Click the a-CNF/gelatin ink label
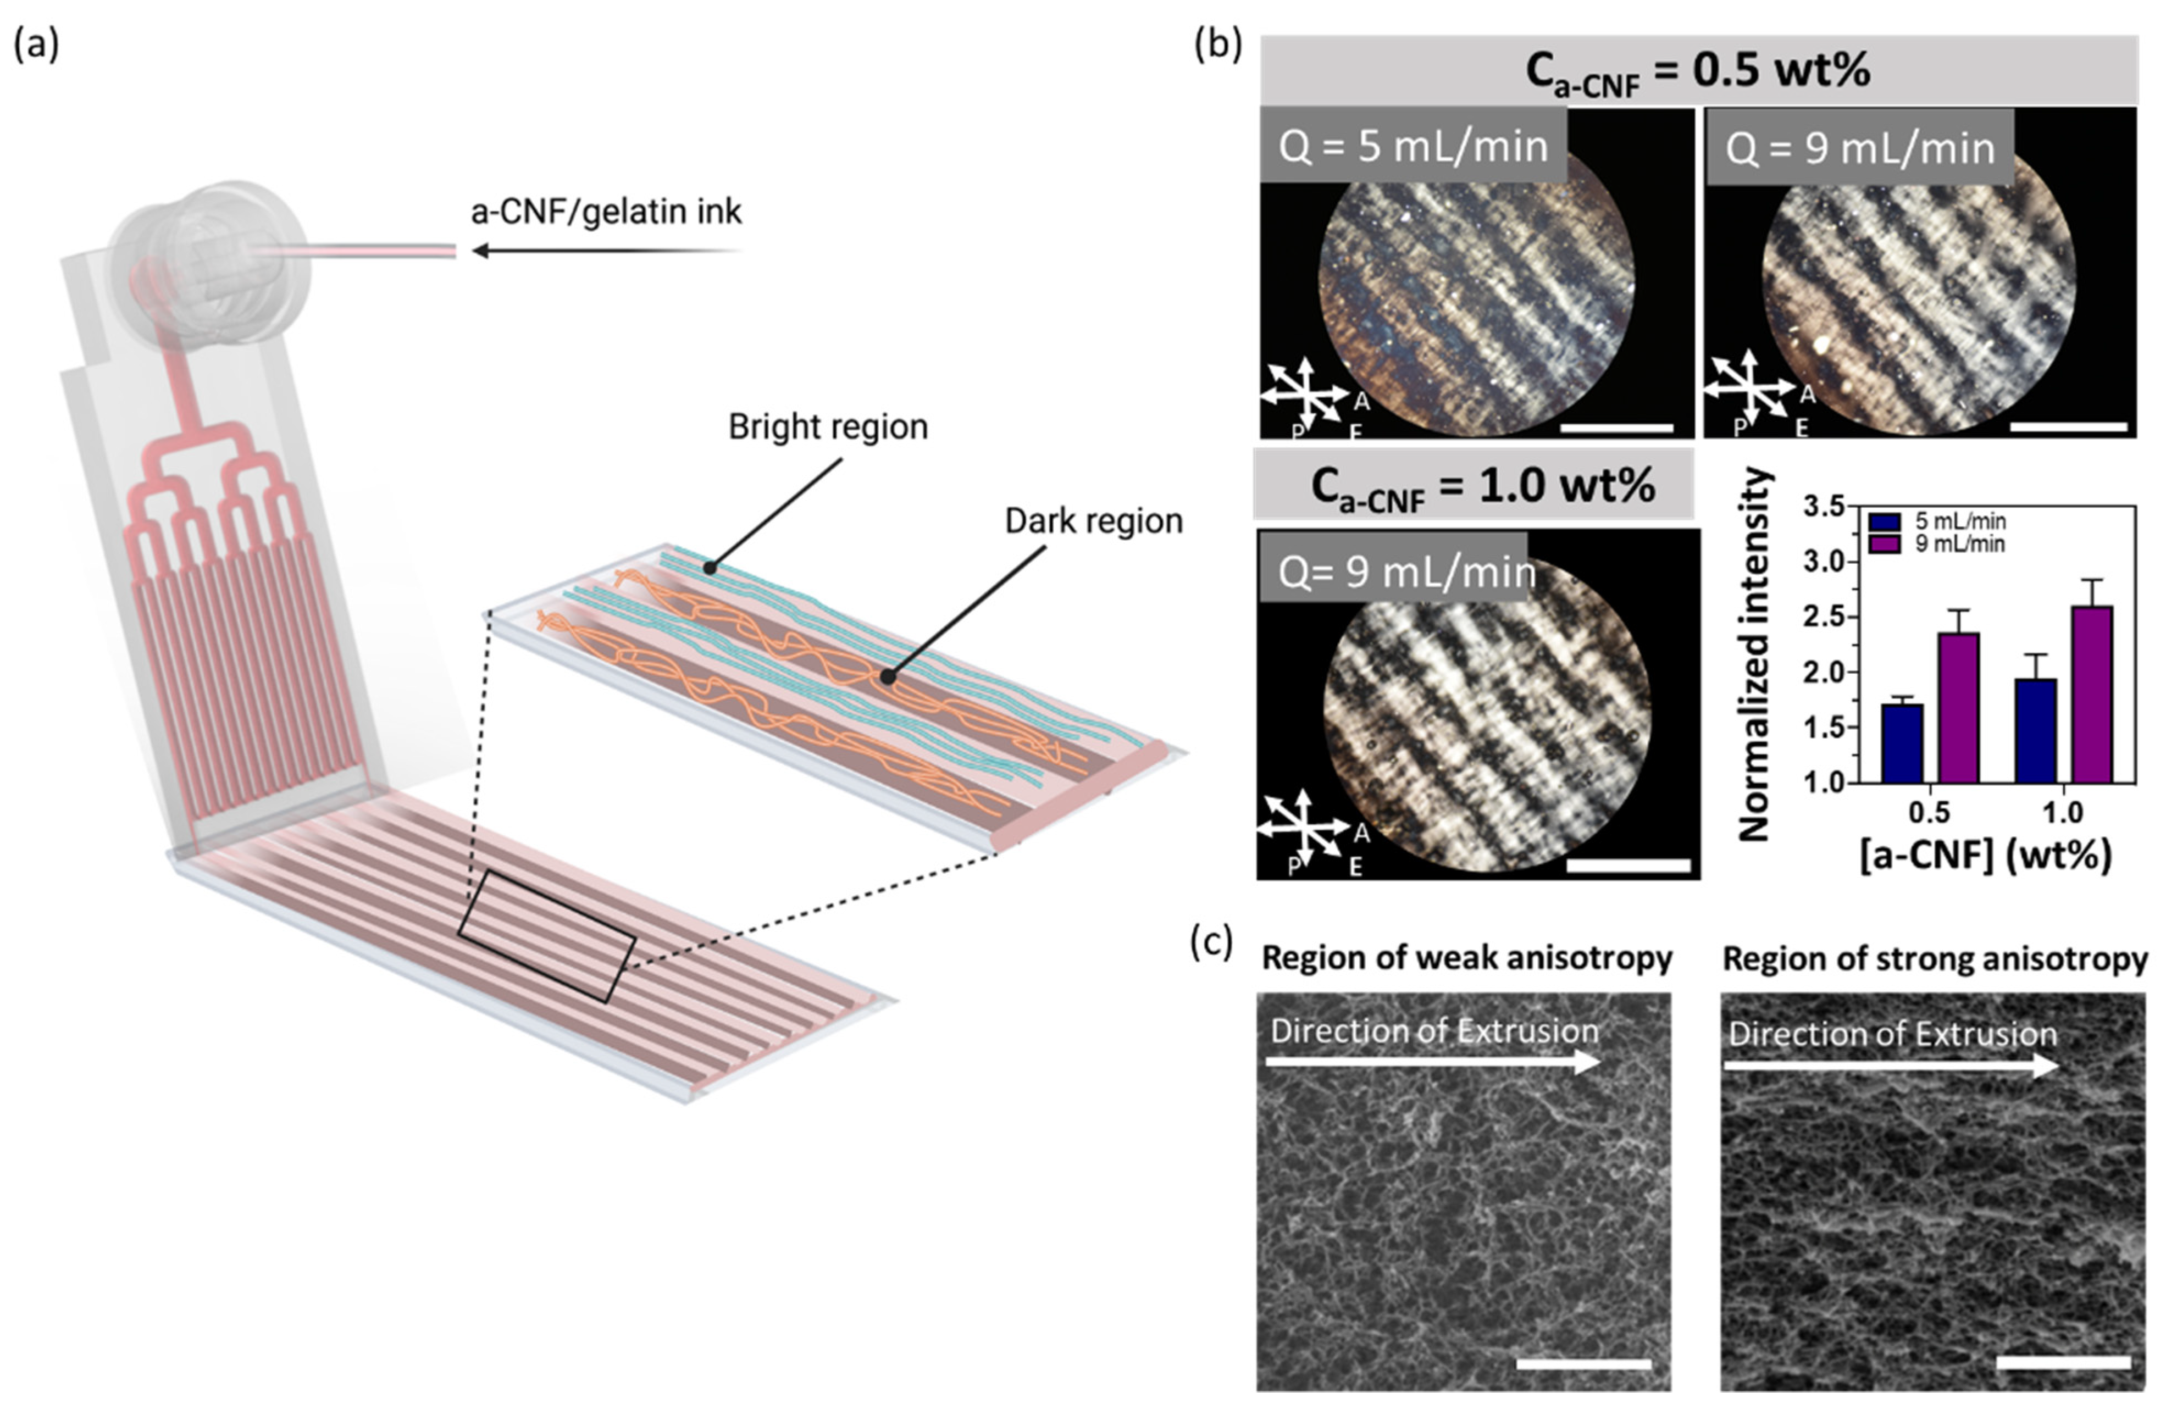tap(606, 212)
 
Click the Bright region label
tap(828, 426)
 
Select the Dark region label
tap(1093, 520)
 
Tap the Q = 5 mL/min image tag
tap(1413, 146)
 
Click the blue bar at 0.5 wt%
tap(1902, 743)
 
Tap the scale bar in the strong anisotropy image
tap(2063, 1362)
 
